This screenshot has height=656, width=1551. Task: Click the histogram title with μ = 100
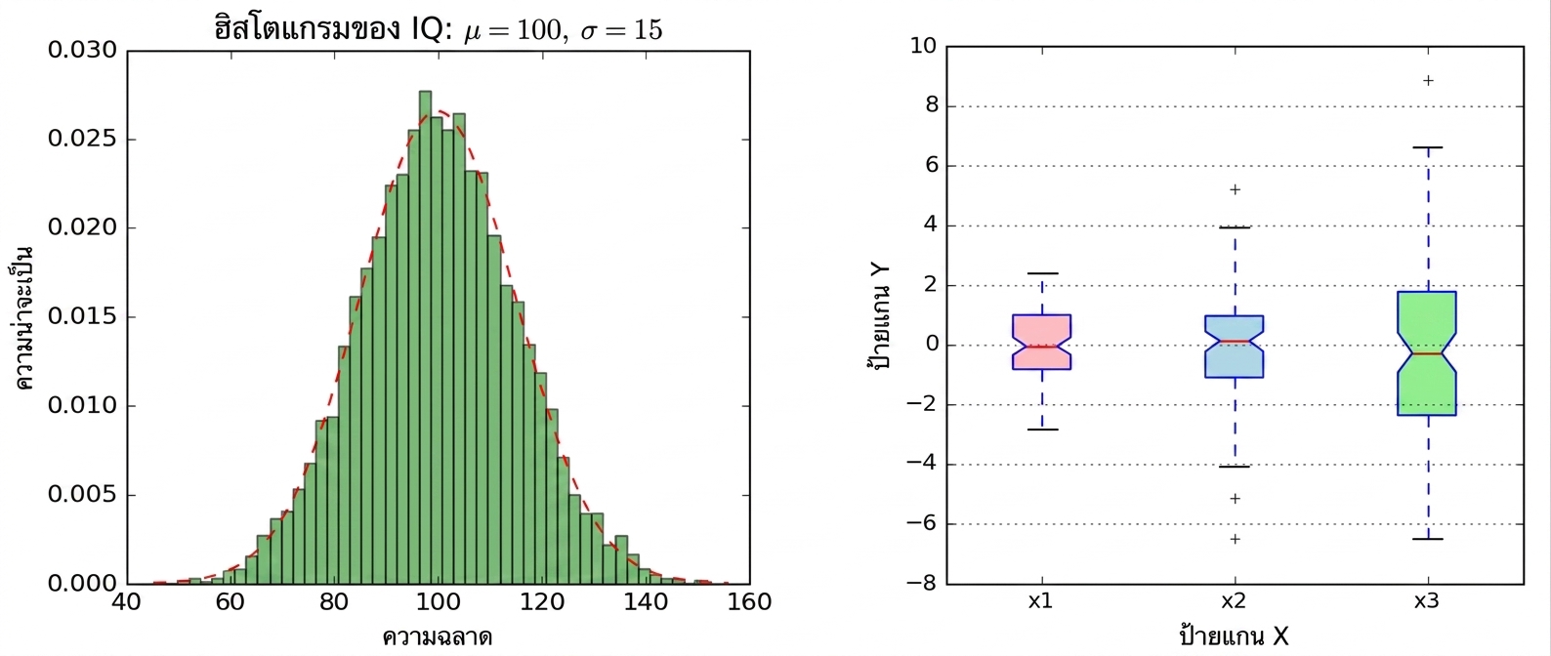[x=439, y=28]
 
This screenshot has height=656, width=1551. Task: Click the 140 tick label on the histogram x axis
[x=646, y=602]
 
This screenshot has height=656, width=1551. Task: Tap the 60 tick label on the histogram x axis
[x=230, y=602]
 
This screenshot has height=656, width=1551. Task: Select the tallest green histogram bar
[x=425, y=338]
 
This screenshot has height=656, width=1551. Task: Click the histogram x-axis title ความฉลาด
[x=438, y=637]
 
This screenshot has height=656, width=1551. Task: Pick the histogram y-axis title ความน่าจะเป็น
[x=24, y=317]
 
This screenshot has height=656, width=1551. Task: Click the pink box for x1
[x=1041, y=342]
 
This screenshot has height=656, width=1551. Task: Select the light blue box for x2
[x=1235, y=347]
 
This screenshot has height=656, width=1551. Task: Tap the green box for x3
[x=1427, y=353]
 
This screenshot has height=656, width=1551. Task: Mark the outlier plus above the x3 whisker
[x=1428, y=80]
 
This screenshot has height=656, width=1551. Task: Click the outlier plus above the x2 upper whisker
[x=1235, y=189]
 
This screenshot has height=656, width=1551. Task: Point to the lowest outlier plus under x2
[x=1235, y=539]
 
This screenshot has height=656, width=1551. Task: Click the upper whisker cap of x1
[x=1041, y=273]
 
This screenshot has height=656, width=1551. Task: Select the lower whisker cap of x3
[x=1428, y=539]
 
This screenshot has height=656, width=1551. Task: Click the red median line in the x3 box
[x=1427, y=353]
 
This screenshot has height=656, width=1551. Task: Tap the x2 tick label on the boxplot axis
[x=1234, y=601]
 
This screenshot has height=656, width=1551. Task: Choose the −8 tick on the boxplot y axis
[x=921, y=584]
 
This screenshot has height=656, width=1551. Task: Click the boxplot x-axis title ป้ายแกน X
[x=1234, y=635]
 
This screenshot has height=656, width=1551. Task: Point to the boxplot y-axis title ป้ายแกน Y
[x=879, y=317]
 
